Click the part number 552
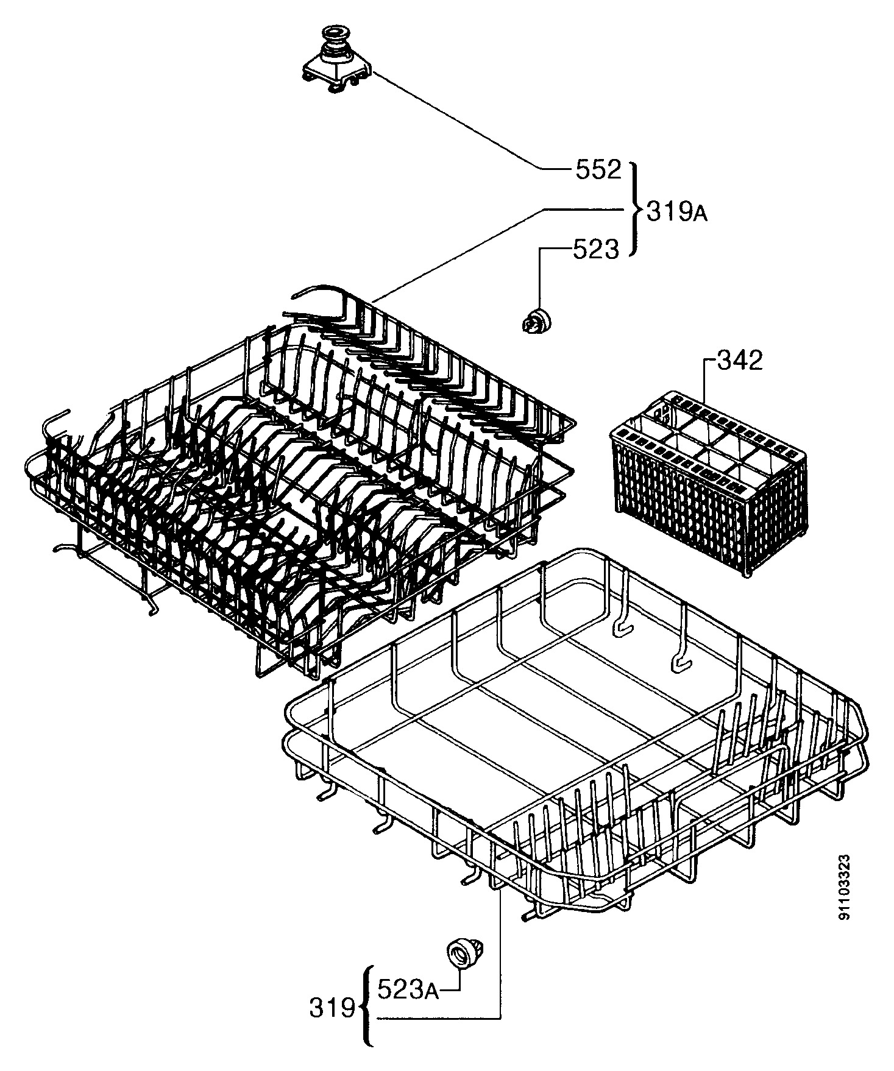coord(598,170)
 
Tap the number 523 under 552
coord(595,249)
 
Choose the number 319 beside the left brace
coord(332,1009)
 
